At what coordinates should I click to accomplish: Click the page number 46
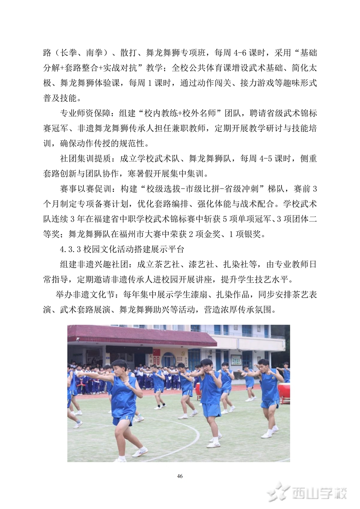[x=180, y=476]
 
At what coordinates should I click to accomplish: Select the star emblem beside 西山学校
[x=278, y=492]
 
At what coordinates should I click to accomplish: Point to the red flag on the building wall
[x=157, y=352]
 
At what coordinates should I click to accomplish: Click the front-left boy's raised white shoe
[x=139, y=451]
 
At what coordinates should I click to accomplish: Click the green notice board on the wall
[x=236, y=360]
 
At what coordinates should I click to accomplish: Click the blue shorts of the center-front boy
[x=211, y=410]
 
